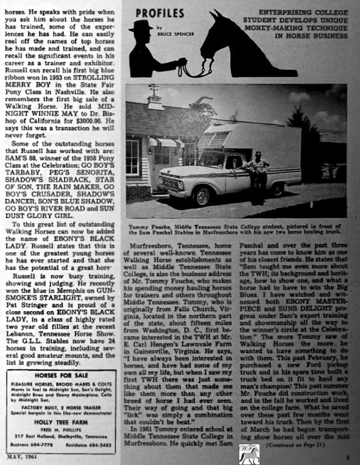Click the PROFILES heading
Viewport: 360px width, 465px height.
pos(160,12)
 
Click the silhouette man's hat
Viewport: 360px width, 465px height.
pos(140,26)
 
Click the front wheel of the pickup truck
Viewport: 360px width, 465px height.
pos(200,195)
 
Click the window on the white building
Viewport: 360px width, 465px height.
pos(134,157)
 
